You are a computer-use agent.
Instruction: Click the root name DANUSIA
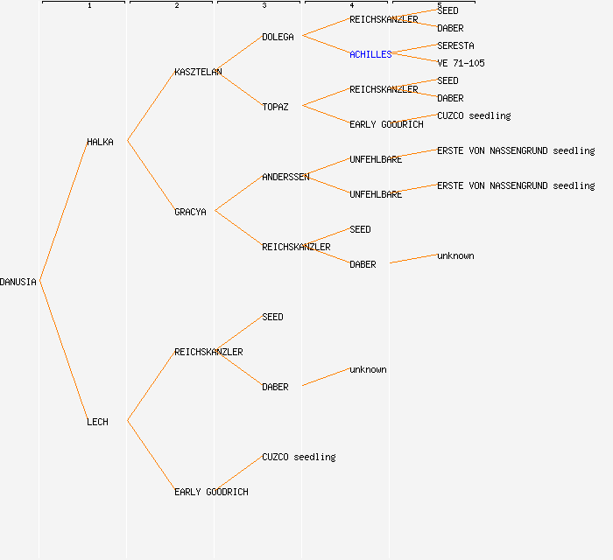point(18,282)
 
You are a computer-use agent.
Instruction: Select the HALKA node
point(100,142)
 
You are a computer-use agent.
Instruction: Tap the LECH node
point(97,422)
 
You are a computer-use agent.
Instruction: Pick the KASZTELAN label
point(198,72)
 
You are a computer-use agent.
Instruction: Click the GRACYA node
point(190,212)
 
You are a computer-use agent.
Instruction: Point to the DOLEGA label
point(278,37)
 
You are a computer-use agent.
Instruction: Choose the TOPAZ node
point(275,107)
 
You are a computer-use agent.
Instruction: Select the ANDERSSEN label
point(285,177)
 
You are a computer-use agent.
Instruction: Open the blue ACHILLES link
point(370,54)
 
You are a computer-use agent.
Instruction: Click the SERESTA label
point(455,45)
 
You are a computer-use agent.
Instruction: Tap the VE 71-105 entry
point(461,63)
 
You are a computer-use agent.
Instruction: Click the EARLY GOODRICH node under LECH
point(211,492)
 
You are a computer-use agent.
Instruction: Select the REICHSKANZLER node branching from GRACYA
point(296,247)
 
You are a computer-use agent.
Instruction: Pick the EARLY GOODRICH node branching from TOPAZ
point(386,124)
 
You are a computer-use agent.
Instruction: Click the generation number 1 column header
point(88,6)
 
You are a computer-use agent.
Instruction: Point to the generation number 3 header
point(264,6)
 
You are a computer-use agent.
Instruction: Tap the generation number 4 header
point(351,6)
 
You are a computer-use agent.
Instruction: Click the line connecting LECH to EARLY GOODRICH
point(151,456)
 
